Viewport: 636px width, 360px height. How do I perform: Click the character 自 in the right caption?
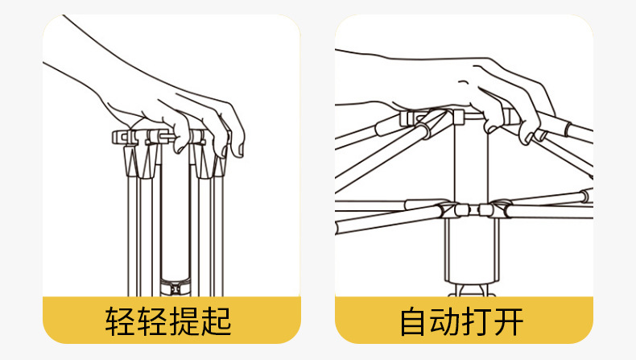pos(415,321)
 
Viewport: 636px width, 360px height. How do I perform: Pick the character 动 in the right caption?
pos(447,321)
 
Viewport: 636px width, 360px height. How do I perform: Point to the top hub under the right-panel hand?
pos(456,119)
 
